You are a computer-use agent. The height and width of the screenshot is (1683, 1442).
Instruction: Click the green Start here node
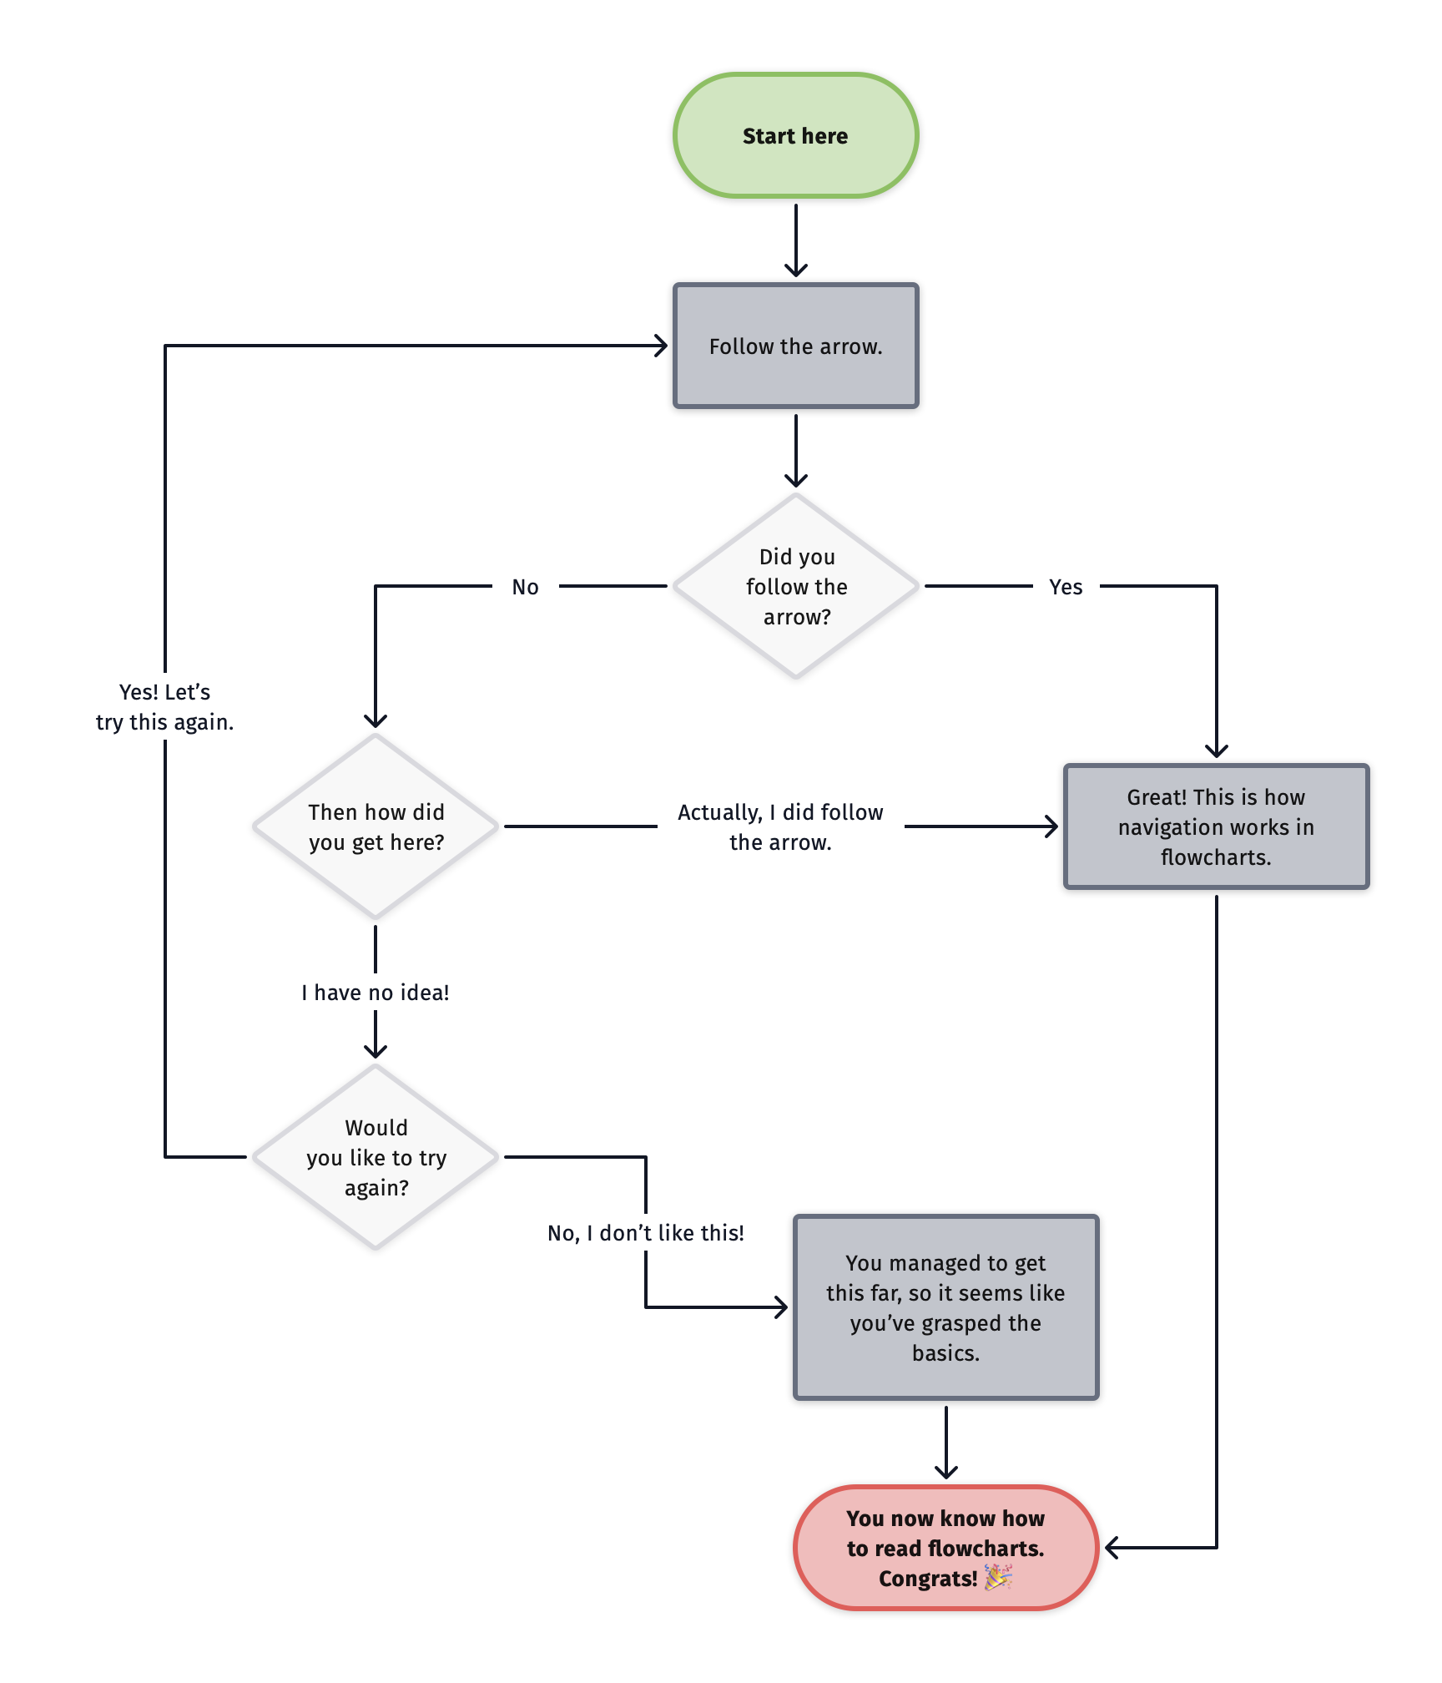(x=795, y=135)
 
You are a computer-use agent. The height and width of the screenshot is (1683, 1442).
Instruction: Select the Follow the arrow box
(x=795, y=346)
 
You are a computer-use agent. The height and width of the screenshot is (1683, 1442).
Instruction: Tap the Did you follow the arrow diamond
(x=795, y=586)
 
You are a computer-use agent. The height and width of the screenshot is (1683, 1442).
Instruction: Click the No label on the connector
(x=525, y=587)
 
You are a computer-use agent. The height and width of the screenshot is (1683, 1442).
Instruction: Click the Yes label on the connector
(x=1066, y=587)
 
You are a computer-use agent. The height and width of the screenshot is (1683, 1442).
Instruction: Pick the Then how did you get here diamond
(x=376, y=826)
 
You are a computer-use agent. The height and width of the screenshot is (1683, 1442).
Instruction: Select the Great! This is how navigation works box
(x=1216, y=826)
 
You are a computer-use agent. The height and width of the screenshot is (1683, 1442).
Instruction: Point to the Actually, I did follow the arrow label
(x=780, y=826)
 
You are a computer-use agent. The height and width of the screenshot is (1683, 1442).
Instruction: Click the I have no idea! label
(x=376, y=993)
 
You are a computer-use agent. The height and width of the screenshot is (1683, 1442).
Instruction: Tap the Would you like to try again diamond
(x=376, y=1157)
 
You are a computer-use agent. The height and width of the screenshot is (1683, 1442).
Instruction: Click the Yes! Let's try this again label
(x=164, y=706)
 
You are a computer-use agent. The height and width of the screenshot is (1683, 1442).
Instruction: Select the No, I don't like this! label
(x=645, y=1233)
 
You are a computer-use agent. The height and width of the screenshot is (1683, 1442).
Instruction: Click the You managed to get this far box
(x=945, y=1307)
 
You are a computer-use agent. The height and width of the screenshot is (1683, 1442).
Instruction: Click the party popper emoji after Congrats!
(x=998, y=1577)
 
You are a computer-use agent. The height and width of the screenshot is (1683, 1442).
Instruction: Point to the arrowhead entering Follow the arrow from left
(x=661, y=346)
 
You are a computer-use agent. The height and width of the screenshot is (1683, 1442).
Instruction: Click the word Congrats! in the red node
(x=927, y=1579)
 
